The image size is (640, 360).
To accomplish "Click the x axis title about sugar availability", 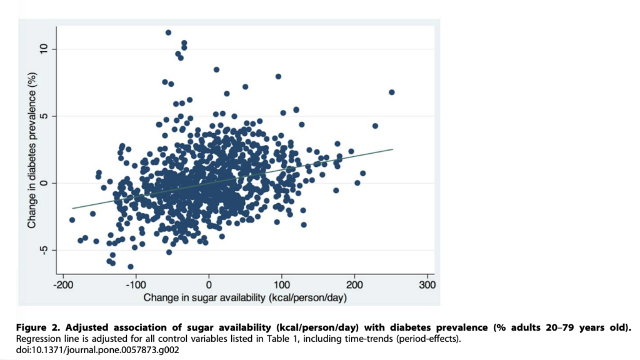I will pyautogui.click(x=245, y=298).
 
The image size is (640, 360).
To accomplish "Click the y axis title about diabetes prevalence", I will pyautogui.click(x=31, y=150).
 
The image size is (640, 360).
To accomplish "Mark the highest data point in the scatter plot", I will pyautogui.click(x=168, y=32).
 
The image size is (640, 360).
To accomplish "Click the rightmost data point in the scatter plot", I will pyautogui.click(x=392, y=92).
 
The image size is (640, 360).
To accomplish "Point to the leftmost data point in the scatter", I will pyautogui.click(x=72, y=220).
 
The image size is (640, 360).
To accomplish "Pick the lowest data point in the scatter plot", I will pyautogui.click(x=131, y=267).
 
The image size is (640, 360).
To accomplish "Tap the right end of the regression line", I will pyautogui.click(x=392, y=149).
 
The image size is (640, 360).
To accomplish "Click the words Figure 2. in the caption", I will pyautogui.click(x=39, y=327).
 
